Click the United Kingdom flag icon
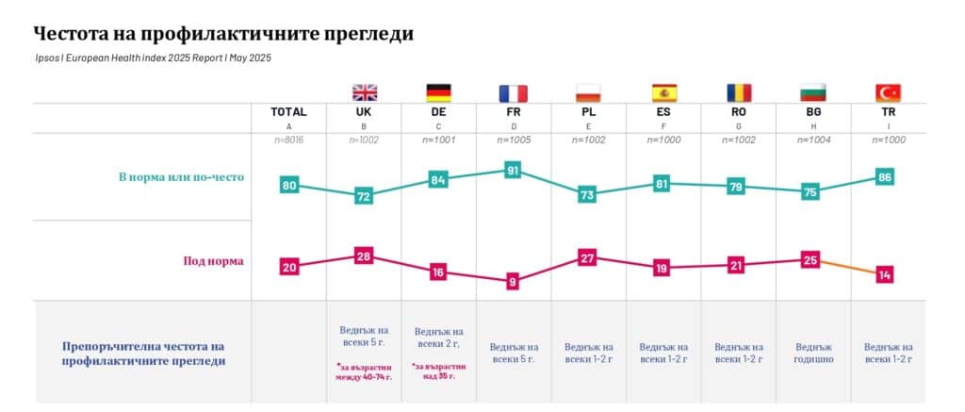click(x=364, y=92)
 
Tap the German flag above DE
click(x=438, y=92)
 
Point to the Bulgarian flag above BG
click(x=812, y=92)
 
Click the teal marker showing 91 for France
click(x=514, y=171)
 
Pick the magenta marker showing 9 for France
click(x=514, y=281)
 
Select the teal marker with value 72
click(x=364, y=196)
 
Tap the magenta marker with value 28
click(x=364, y=256)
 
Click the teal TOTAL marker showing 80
click(x=289, y=186)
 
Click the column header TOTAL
click(x=289, y=111)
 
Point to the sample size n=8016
click(x=289, y=140)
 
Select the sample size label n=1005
click(x=514, y=140)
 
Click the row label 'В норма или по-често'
click(x=181, y=176)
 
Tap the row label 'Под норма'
click(x=213, y=261)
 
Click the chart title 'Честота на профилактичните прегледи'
click(x=223, y=34)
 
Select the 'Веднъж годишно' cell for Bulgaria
click(x=813, y=353)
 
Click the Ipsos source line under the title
click(x=153, y=58)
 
